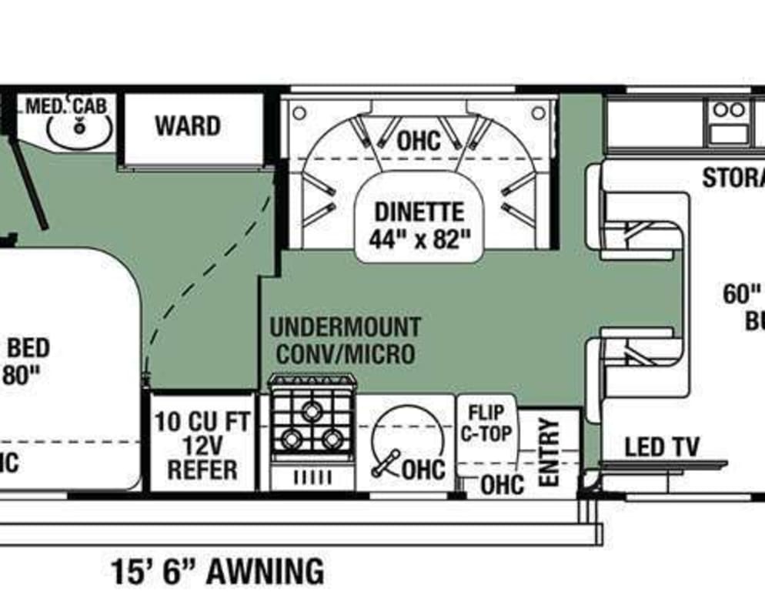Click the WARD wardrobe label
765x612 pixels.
(x=187, y=125)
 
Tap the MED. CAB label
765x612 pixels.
(x=65, y=105)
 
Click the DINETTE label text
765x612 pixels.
(x=419, y=212)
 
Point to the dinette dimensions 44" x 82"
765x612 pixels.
(x=419, y=239)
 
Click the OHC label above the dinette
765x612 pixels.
(x=419, y=141)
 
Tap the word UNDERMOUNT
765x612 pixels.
(x=345, y=327)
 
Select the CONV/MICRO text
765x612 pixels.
(x=345, y=353)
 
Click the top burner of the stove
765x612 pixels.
(x=312, y=410)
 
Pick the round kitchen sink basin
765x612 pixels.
(x=409, y=441)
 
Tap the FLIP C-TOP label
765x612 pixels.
(x=486, y=423)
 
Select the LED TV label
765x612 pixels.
(x=661, y=446)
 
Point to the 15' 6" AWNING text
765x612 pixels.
(x=217, y=572)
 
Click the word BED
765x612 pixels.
(x=28, y=348)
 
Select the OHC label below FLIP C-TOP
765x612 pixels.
(x=502, y=484)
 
